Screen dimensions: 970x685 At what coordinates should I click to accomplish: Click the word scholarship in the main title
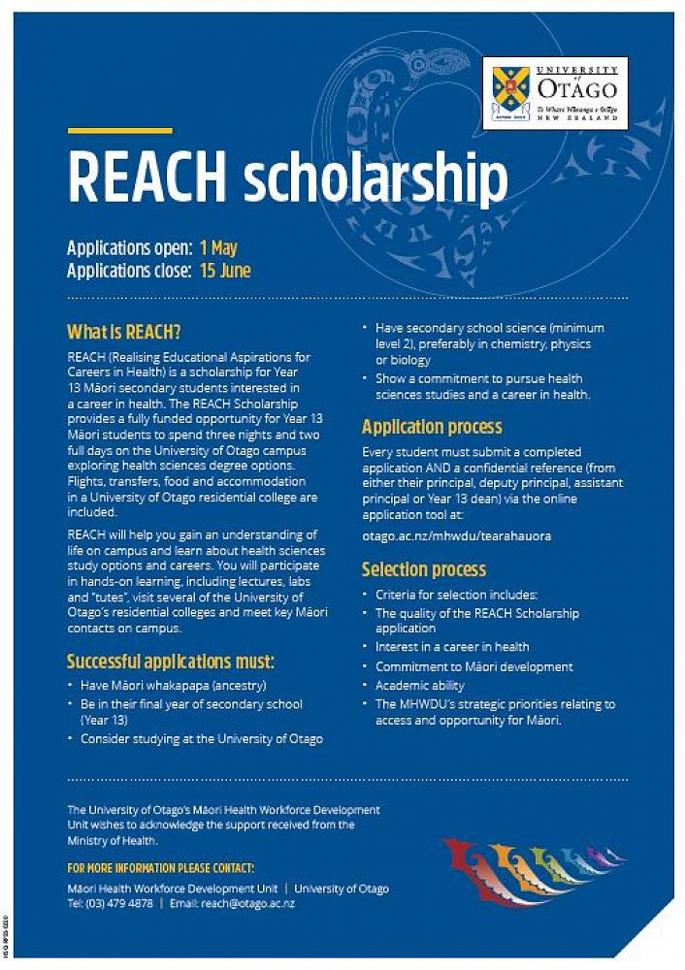(x=375, y=180)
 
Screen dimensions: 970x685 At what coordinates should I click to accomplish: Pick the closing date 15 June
(x=226, y=271)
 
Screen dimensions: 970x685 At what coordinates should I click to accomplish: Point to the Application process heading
(x=432, y=427)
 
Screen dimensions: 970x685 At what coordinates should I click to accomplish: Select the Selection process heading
(x=424, y=569)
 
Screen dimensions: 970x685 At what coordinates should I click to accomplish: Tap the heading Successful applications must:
(x=171, y=663)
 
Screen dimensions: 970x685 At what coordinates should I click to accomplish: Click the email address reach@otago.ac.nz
(x=246, y=903)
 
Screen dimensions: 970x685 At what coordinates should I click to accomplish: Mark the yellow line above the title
(x=119, y=131)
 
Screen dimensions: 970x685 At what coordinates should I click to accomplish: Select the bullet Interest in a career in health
(x=452, y=646)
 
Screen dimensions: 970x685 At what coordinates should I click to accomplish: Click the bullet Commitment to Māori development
(x=473, y=666)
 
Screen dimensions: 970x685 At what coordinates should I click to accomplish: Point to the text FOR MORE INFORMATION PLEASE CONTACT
(x=161, y=867)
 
